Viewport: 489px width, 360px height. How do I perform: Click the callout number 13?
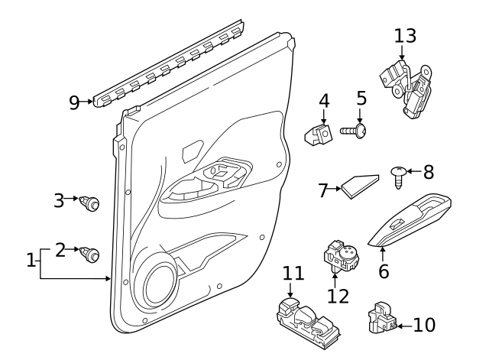coord(406,35)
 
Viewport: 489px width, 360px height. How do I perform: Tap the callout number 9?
coord(74,102)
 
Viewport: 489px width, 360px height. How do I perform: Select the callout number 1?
coord(31,261)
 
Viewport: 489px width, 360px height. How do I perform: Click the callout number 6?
coord(384,271)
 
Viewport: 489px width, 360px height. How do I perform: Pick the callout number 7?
coord(324,190)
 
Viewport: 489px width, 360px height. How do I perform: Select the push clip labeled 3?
coord(92,204)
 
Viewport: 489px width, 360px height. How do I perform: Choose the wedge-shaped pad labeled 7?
coord(360,184)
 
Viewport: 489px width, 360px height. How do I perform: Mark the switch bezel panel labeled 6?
coord(413,222)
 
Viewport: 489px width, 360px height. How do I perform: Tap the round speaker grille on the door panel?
coord(163,283)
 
